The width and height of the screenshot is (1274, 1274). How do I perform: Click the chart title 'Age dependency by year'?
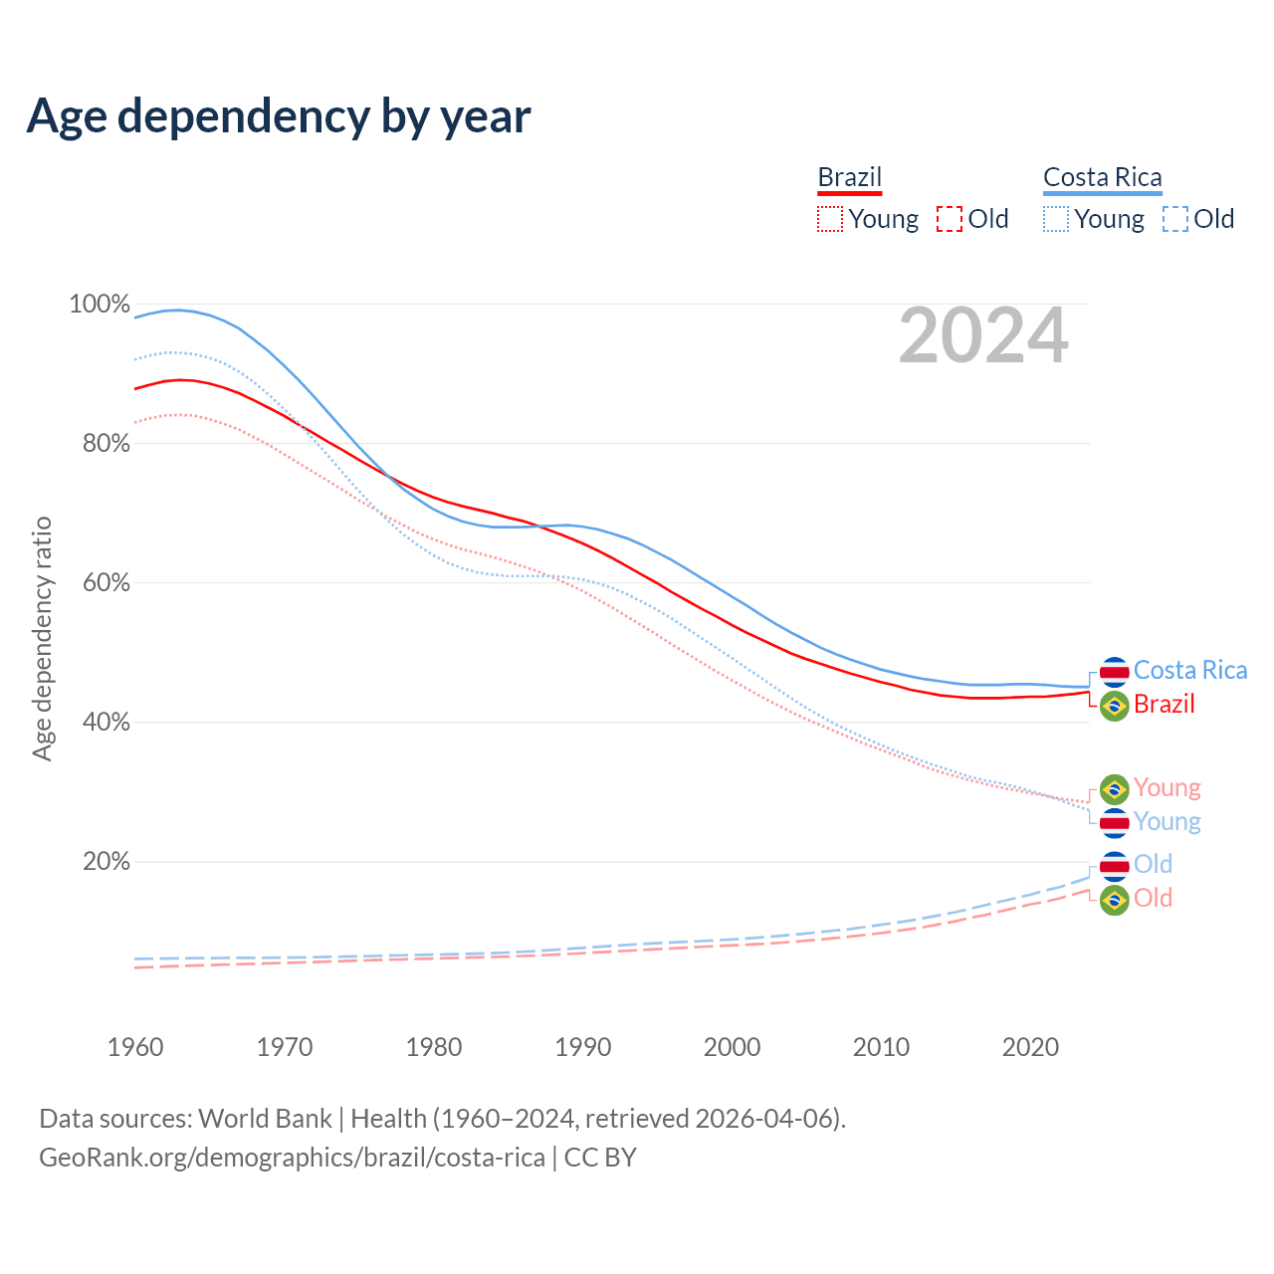point(279,116)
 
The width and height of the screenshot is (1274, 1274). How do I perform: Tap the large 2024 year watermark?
point(983,336)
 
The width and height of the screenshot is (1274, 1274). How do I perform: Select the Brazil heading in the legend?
point(850,177)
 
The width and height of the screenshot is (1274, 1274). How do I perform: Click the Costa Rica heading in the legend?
point(1102,177)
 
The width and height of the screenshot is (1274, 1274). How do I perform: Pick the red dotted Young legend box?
point(829,219)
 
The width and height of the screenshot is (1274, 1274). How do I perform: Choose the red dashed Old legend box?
point(950,219)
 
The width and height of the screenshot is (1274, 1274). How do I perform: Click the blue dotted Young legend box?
point(1056,219)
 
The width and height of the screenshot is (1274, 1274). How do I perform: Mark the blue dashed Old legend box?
point(1175,219)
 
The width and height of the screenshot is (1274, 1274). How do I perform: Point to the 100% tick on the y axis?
point(100,305)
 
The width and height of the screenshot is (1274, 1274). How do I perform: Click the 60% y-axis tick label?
point(106,583)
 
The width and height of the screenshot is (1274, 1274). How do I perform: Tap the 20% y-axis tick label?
point(106,862)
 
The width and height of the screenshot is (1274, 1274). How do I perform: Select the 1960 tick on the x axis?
point(135,1047)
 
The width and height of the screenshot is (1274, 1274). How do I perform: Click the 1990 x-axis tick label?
point(583,1047)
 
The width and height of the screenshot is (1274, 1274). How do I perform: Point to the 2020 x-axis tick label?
point(1030,1047)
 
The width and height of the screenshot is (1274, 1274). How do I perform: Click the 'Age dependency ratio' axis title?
point(42,638)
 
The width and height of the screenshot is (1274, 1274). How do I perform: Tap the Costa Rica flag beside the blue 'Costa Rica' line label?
point(1114,672)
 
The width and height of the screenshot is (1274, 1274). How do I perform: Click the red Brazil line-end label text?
point(1164,705)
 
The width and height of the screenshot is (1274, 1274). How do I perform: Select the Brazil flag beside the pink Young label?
point(1114,789)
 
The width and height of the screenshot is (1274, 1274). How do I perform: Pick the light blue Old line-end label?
point(1153,864)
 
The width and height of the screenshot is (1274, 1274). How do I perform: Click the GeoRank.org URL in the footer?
point(292,1158)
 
